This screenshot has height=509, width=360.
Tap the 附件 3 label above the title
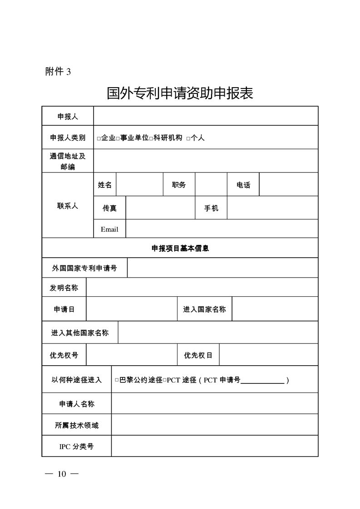[x=58, y=71]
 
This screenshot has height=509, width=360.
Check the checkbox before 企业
[x=99, y=138]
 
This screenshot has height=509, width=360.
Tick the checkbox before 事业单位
[x=118, y=138]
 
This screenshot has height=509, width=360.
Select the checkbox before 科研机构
[x=151, y=138]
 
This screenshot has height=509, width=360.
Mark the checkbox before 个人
[x=188, y=138]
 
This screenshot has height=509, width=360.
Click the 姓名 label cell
[x=105, y=185]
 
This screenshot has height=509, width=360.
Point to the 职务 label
[x=179, y=185]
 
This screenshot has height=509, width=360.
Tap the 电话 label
[x=243, y=185]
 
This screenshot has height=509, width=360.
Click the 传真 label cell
[x=109, y=208]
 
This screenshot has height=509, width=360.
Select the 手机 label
[x=211, y=208]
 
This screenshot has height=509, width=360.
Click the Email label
[x=109, y=229]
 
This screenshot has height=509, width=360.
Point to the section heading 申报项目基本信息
[x=180, y=248]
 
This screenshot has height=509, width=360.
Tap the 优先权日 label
[x=198, y=355]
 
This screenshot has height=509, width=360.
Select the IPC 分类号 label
[x=76, y=446]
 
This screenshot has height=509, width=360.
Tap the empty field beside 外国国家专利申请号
[x=222, y=268]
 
